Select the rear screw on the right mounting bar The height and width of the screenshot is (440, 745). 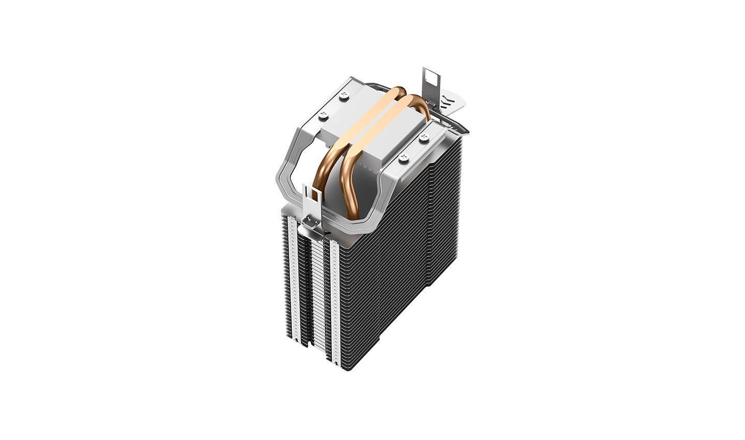click(x=424, y=137)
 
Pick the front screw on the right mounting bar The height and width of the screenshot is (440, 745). click(x=404, y=157)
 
